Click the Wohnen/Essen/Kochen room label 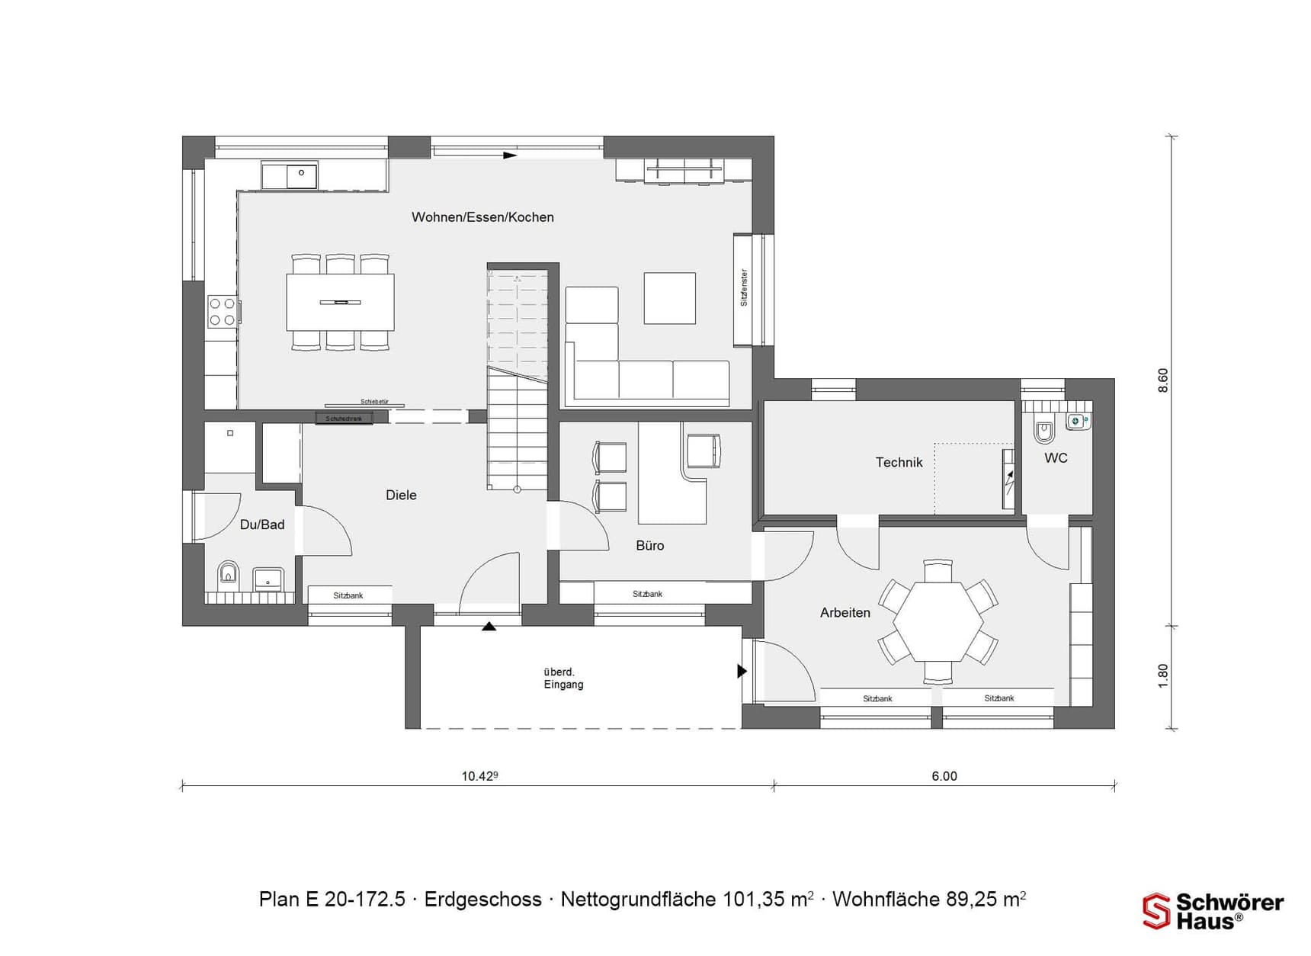482,217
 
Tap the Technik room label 899,462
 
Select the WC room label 1056,457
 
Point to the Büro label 649,545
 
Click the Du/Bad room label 261,525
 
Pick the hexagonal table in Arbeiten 938,621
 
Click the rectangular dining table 340,302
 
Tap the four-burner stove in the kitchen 222,312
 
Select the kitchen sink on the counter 301,175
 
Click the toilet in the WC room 1043,432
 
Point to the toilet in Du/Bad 228,573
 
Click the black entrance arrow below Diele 489,627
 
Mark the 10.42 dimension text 479,776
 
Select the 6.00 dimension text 944,776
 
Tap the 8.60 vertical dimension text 1162,380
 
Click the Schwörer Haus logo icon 1156,911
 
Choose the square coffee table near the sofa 669,298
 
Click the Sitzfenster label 744,287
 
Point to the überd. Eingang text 563,678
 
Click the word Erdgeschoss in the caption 482,900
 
